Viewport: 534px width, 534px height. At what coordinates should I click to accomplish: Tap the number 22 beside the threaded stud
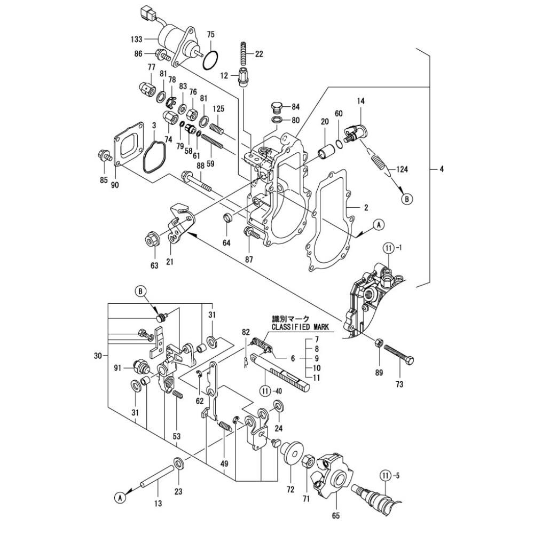259,53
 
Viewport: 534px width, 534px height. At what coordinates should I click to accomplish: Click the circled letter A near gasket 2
378,225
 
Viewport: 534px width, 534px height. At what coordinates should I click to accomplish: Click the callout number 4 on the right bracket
442,169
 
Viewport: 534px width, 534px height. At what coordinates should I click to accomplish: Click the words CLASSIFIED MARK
300,327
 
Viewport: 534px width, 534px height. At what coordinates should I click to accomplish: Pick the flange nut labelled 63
151,239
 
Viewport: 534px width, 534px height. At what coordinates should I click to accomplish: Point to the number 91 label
117,367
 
